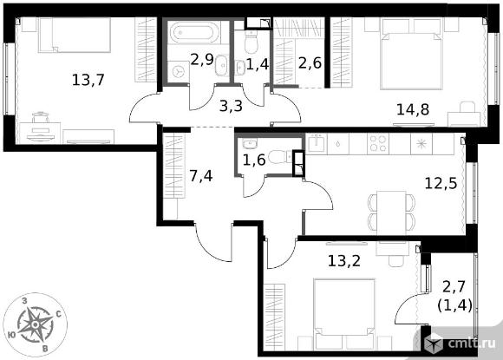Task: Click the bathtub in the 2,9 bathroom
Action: [194, 32]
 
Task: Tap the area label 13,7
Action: [88, 80]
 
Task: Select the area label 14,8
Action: [413, 109]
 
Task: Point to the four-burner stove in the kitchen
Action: [377, 143]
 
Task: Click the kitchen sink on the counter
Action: [317, 143]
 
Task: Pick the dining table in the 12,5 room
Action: [391, 213]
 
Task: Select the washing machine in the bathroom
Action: [177, 71]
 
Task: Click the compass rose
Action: [36, 324]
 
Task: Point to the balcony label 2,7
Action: [454, 286]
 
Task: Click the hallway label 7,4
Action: [201, 176]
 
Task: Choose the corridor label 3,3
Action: [231, 106]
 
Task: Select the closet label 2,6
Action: [310, 62]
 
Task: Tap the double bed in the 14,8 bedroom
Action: [411, 54]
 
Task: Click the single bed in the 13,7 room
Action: [75, 35]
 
